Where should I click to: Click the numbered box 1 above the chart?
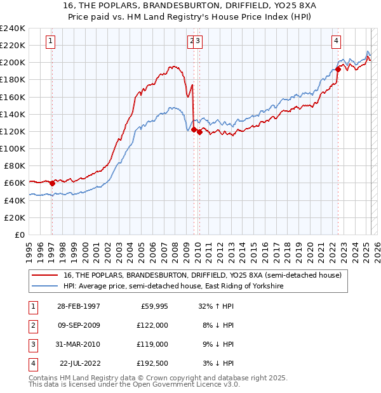(x=50, y=41)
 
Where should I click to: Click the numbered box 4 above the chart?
(x=336, y=41)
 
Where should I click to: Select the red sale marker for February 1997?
(x=52, y=183)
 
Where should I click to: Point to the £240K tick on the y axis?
(x=13, y=29)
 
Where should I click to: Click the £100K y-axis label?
(x=13, y=148)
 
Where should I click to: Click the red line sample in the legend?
(x=46, y=275)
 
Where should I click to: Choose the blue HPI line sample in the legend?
(x=46, y=286)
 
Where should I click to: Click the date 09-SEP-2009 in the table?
(x=78, y=325)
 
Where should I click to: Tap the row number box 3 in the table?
(x=32, y=344)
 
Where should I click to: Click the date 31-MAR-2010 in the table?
(x=78, y=344)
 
